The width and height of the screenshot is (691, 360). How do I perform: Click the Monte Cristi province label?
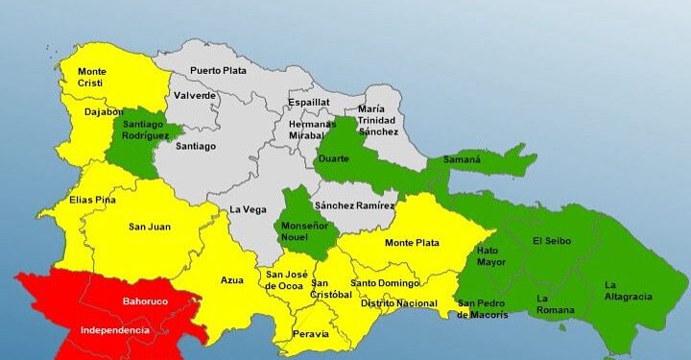(x=92, y=77)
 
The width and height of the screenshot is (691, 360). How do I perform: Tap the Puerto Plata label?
(x=218, y=70)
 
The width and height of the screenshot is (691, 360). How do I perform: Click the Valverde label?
(x=195, y=95)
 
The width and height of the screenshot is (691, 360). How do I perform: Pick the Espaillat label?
(x=309, y=102)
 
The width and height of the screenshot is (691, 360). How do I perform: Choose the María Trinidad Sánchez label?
(x=377, y=120)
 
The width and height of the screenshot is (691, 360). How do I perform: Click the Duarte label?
(x=333, y=158)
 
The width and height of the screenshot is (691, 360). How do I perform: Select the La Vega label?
(x=248, y=209)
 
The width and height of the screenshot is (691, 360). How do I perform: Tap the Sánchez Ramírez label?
(x=355, y=205)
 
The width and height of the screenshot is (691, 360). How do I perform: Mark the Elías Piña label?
(x=93, y=200)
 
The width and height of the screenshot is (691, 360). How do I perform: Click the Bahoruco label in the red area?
(x=146, y=301)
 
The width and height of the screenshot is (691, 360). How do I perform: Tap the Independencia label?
(x=115, y=330)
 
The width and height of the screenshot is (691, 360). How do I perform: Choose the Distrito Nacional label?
(x=399, y=303)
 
